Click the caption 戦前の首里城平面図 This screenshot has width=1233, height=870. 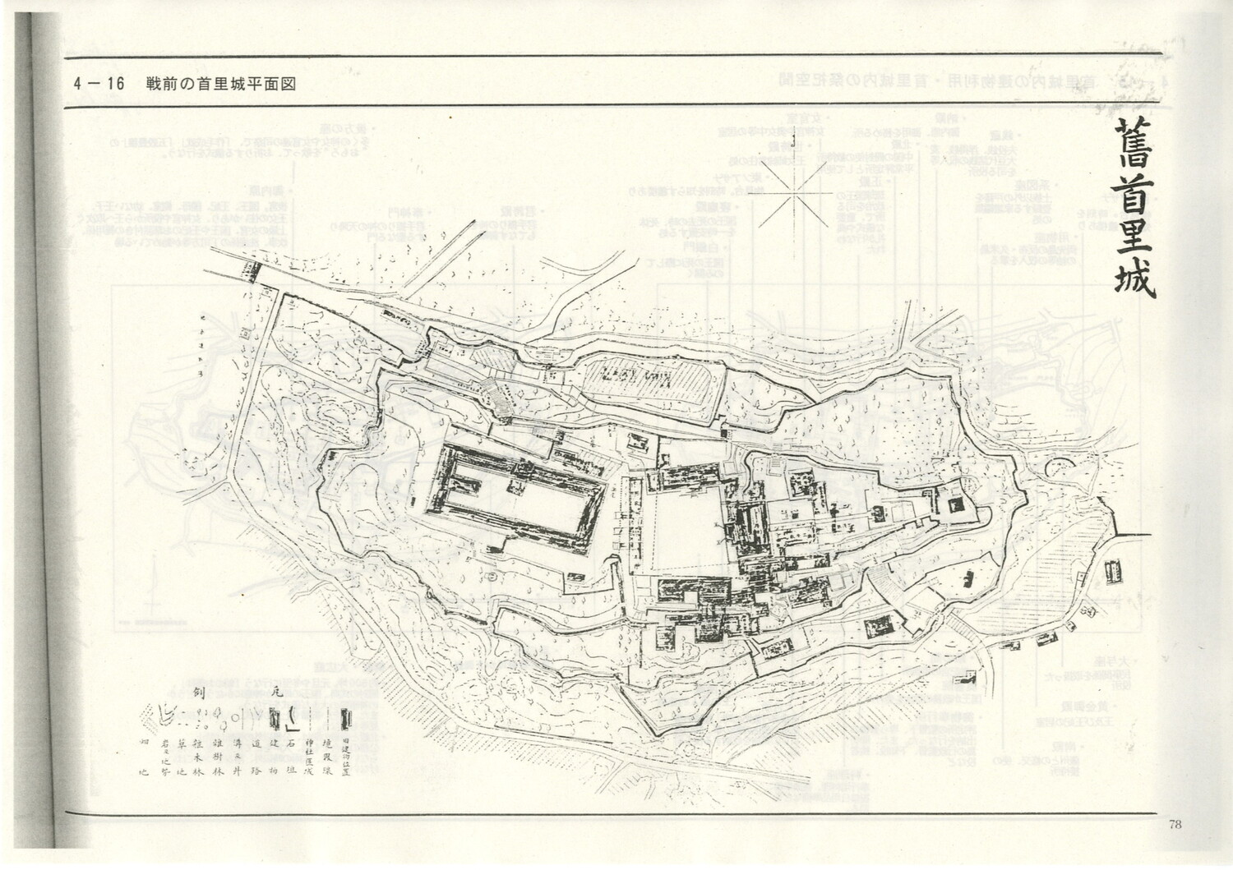coord(220,84)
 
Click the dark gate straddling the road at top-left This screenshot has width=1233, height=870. coord(252,270)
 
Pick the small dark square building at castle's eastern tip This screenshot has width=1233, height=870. coord(955,504)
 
